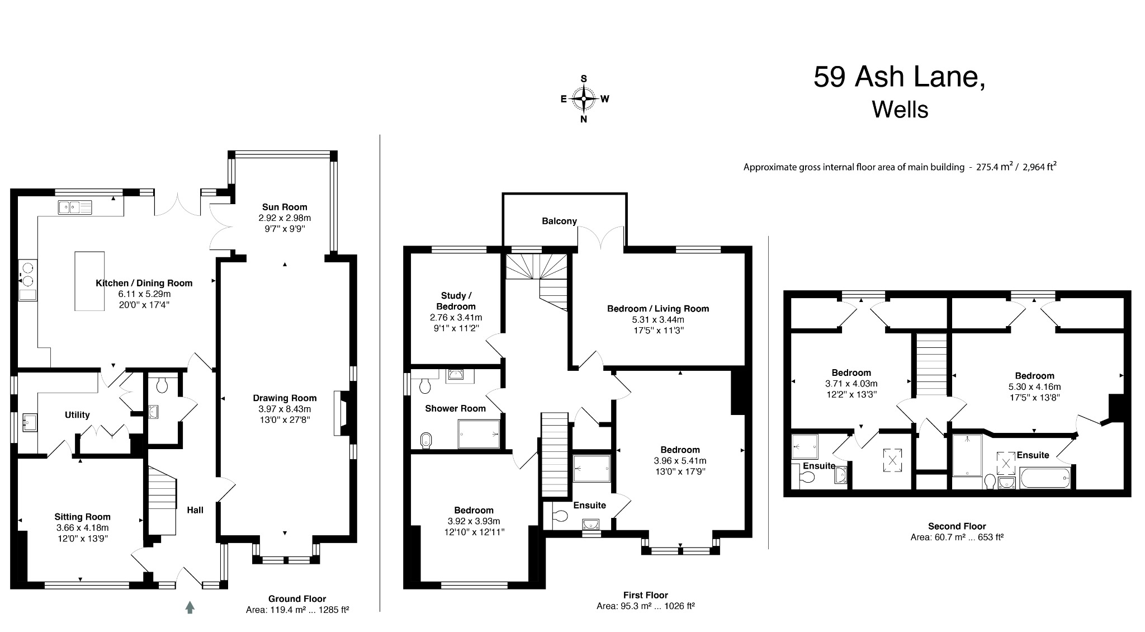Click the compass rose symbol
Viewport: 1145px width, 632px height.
(x=584, y=99)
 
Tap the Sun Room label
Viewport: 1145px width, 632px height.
(x=285, y=207)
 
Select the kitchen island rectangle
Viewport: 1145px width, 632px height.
(x=89, y=281)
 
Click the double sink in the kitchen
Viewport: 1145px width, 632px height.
(x=74, y=207)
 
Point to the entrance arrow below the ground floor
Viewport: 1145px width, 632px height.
(x=190, y=607)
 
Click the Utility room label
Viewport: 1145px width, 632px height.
(x=77, y=415)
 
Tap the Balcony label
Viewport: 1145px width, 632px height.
(x=559, y=221)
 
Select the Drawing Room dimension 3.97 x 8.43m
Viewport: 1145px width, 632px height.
(x=285, y=409)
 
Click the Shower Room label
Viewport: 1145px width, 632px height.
(x=455, y=408)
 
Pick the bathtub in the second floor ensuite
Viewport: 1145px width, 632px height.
(x=1044, y=479)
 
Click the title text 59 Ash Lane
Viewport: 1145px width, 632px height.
(x=898, y=77)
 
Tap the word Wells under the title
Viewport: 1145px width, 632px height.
(x=900, y=110)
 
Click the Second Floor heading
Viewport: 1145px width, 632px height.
(x=957, y=526)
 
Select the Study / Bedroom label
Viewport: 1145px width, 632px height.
(x=456, y=301)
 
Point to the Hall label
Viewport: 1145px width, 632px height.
(x=195, y=510)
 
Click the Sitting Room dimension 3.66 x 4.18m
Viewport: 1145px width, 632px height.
(x=82, y=527)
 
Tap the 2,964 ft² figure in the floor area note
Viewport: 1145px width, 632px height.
(x=1039, y=167)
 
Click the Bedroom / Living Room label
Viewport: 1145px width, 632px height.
(x=658, y=309)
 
